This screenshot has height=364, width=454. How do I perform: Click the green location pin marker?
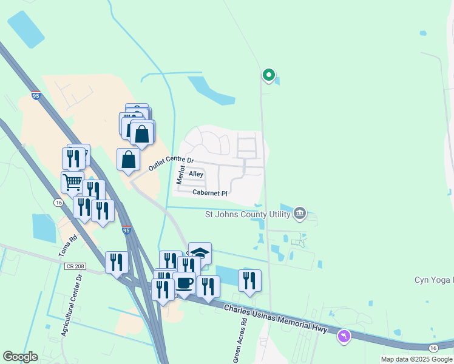(x=268, y=75)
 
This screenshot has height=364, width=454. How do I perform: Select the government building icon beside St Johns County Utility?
(x=299, y=213)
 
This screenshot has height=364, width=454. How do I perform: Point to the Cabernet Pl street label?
(x=209, y=193)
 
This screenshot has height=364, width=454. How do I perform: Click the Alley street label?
(x=196, y=174)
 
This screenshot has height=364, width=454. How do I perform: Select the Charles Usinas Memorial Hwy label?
(x=276, y=319)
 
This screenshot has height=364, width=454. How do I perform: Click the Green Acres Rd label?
(x=237, y=346)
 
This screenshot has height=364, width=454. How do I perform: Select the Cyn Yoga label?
(x=433, y=280)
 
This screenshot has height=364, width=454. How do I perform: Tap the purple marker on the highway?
(x=344, y=335)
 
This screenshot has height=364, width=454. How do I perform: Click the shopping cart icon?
(x=72, y=181)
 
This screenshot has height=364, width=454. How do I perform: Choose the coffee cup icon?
(x=184, y=283)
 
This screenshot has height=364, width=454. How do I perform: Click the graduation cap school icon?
(x=200, y=252)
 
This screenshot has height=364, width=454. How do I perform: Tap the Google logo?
(x=20, y=357)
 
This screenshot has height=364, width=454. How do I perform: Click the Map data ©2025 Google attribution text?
(x=416, y=359)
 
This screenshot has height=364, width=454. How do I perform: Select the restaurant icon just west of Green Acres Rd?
(x=249, y=280)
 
